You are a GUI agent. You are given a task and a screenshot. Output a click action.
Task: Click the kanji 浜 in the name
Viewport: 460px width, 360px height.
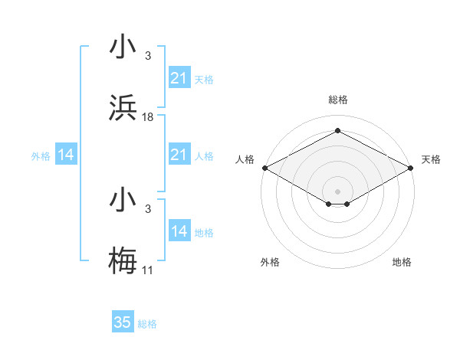tap(123, 109)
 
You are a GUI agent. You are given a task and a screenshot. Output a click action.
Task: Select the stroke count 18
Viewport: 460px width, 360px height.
tap(148, 117)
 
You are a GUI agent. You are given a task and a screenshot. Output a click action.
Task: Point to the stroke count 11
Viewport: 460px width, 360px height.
tap(148, 270)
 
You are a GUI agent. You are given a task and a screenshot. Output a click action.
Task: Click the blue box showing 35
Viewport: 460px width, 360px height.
tap(123, 322)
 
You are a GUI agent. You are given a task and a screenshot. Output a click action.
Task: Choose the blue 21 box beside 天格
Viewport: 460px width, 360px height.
tap(179, 78)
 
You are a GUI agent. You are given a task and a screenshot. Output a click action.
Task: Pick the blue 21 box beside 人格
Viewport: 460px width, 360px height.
tap(179, 155)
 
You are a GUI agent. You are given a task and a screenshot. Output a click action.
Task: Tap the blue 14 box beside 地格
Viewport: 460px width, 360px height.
tap(179, 231)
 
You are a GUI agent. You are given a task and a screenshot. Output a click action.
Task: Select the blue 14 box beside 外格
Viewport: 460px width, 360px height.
tap(66, 155)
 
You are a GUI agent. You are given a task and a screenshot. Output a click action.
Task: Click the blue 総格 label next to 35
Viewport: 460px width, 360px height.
tap(147, 324)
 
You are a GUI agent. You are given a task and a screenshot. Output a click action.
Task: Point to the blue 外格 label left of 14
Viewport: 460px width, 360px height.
tap(41, 156)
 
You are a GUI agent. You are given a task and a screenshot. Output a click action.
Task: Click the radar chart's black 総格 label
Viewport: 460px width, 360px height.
tap(337, 100)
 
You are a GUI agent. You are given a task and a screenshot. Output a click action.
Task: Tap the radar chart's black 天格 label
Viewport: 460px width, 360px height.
tap(431, 159)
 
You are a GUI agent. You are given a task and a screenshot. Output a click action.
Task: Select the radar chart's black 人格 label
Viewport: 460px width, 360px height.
tap(245, 159)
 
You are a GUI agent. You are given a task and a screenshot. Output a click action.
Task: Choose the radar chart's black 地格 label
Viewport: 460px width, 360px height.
tap(402, 263)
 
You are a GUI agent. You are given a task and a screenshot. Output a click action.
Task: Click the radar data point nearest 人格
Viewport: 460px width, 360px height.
tap(264, 168)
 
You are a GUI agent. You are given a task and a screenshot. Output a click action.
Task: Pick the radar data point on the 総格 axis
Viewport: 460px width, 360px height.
tap(337, 131)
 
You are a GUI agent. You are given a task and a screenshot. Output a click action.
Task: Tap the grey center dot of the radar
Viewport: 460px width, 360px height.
tap(337, 190)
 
